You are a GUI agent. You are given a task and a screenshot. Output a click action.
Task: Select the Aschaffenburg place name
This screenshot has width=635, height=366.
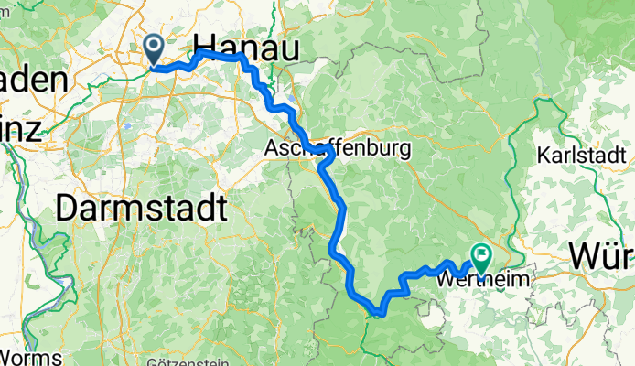pyautogui.click(x=337, y=147)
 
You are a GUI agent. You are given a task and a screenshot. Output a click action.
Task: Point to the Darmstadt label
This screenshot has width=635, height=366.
pyautogui.click(x=140, y=209)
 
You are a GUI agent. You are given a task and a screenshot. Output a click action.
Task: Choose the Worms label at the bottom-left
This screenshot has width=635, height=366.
pyautogui.click(x=31, y=356)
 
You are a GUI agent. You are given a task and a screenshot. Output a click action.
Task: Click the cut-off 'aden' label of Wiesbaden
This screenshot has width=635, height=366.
pyautogui.click(x=34, y=80)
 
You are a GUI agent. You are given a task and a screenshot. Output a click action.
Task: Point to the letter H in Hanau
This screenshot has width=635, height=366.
pyautogui.click(x=206, y=48)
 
